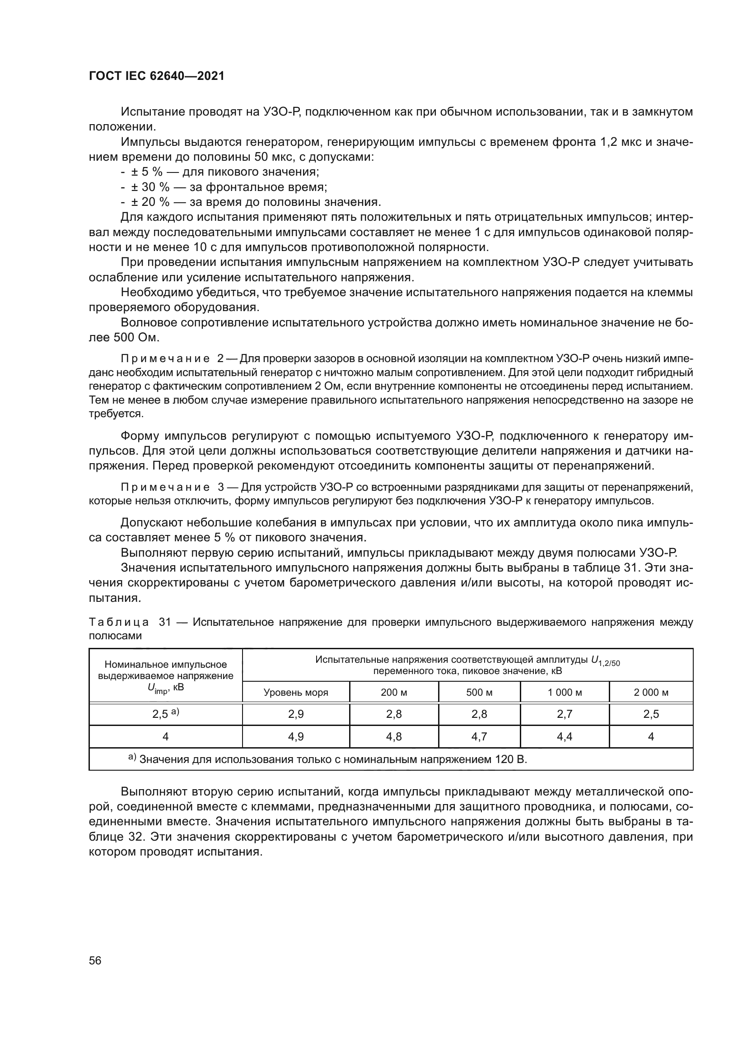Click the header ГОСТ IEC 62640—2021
tap(156, 76)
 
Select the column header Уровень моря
tap(296, 692)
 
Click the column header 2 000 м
tap(651, 692)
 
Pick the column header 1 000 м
tap(565, 692)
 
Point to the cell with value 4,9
tap(296, 736)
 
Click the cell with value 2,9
tap(296, 714)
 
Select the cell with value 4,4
tap(565, 736)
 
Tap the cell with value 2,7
tap(565, 714)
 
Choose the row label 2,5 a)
tap(166, 714)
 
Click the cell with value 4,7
tap(479, 736)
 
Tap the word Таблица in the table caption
tap(118, 622)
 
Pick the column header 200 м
tap(394, 692)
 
